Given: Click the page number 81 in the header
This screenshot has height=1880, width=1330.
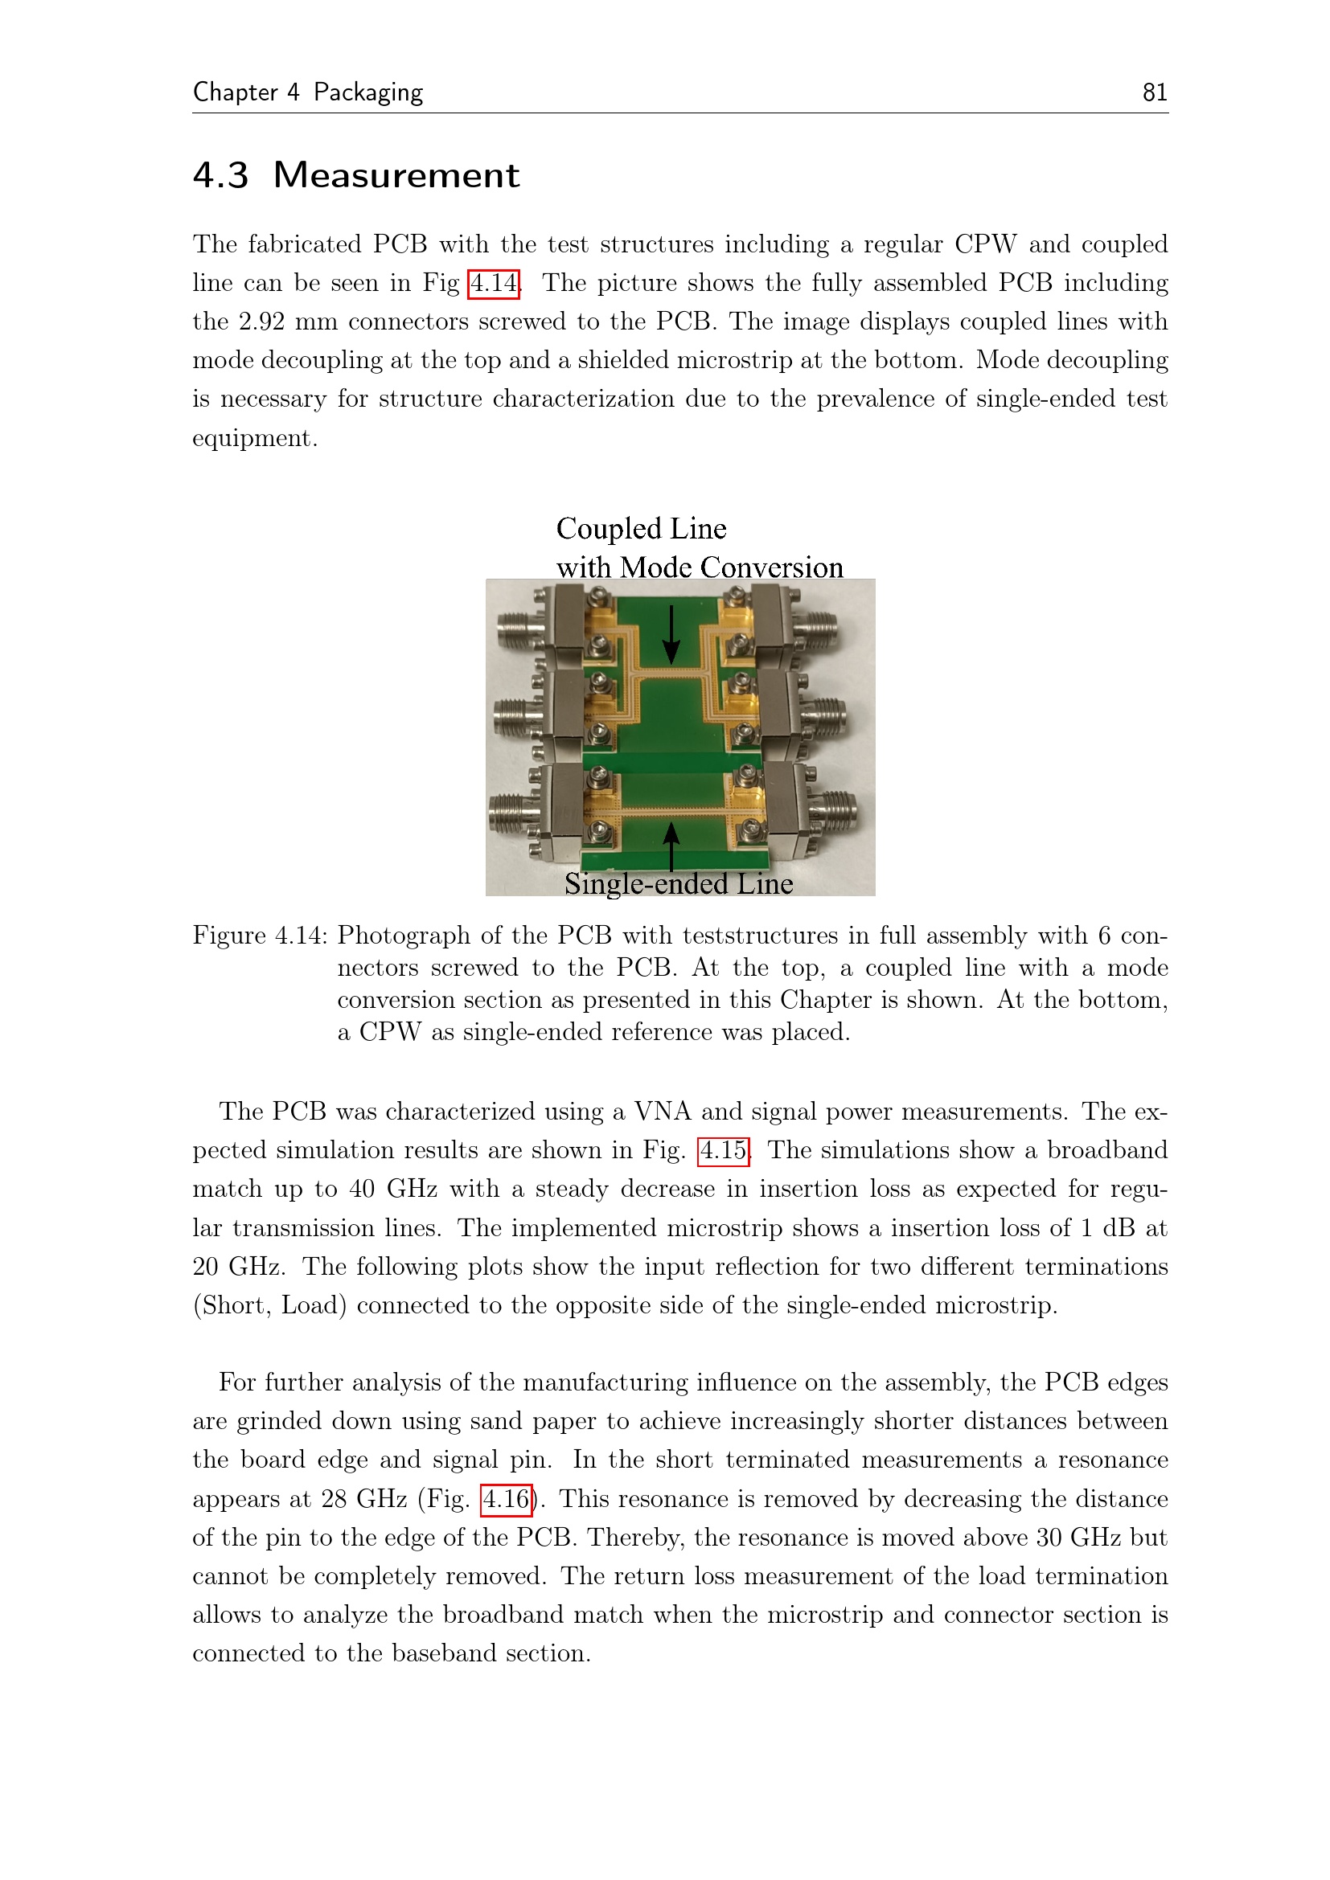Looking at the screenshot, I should [1154, 92].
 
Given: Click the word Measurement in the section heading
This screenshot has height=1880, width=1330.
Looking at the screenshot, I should [396, 175].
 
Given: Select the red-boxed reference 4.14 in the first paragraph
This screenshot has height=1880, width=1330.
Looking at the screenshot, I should [493, 283].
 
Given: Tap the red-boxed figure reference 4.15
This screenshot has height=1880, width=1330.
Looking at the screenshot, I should [723, 1150].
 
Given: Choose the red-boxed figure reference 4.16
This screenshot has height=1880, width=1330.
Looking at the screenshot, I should [506, 1499].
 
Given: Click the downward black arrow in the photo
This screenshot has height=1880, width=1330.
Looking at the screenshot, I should [671, 635].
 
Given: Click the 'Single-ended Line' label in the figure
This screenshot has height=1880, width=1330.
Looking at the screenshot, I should [678, 883].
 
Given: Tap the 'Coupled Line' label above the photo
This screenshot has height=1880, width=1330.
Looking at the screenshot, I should [641, 529].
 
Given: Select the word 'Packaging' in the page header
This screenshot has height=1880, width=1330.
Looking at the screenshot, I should [367, 92].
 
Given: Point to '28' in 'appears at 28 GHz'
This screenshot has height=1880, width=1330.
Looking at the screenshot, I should [335, 1499].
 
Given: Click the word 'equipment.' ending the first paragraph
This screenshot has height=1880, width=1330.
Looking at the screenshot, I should [255, 438].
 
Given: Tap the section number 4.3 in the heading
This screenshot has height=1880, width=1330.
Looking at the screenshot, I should [220, 175].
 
